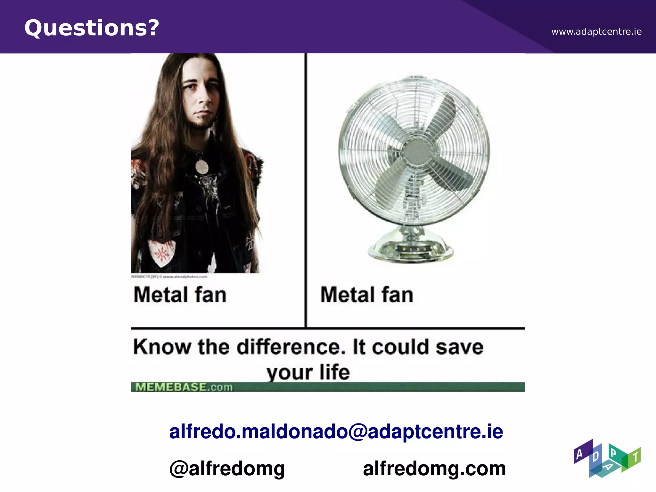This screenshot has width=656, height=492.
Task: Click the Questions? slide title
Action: tap(92, 28)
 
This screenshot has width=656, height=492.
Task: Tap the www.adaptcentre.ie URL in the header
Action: tap(596, 32)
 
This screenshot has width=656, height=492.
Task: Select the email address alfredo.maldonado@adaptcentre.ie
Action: tap(336, 431)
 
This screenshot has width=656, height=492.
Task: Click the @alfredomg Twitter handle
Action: tap(227, 468)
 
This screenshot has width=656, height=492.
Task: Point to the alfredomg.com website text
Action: tap(434, 468)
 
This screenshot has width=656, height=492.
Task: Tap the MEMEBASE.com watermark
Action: tap(184, 387)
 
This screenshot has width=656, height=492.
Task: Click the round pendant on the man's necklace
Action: tap(202, 167)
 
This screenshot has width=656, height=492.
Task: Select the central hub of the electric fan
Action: tap(416, 153)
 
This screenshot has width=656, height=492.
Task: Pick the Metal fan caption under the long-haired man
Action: tap(180, 295)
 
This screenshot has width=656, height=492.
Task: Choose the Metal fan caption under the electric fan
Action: tap(367, 295)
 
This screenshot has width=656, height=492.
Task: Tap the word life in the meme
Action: tap(334, 372)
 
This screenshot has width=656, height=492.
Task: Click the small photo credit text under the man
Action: tap(169, 276)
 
